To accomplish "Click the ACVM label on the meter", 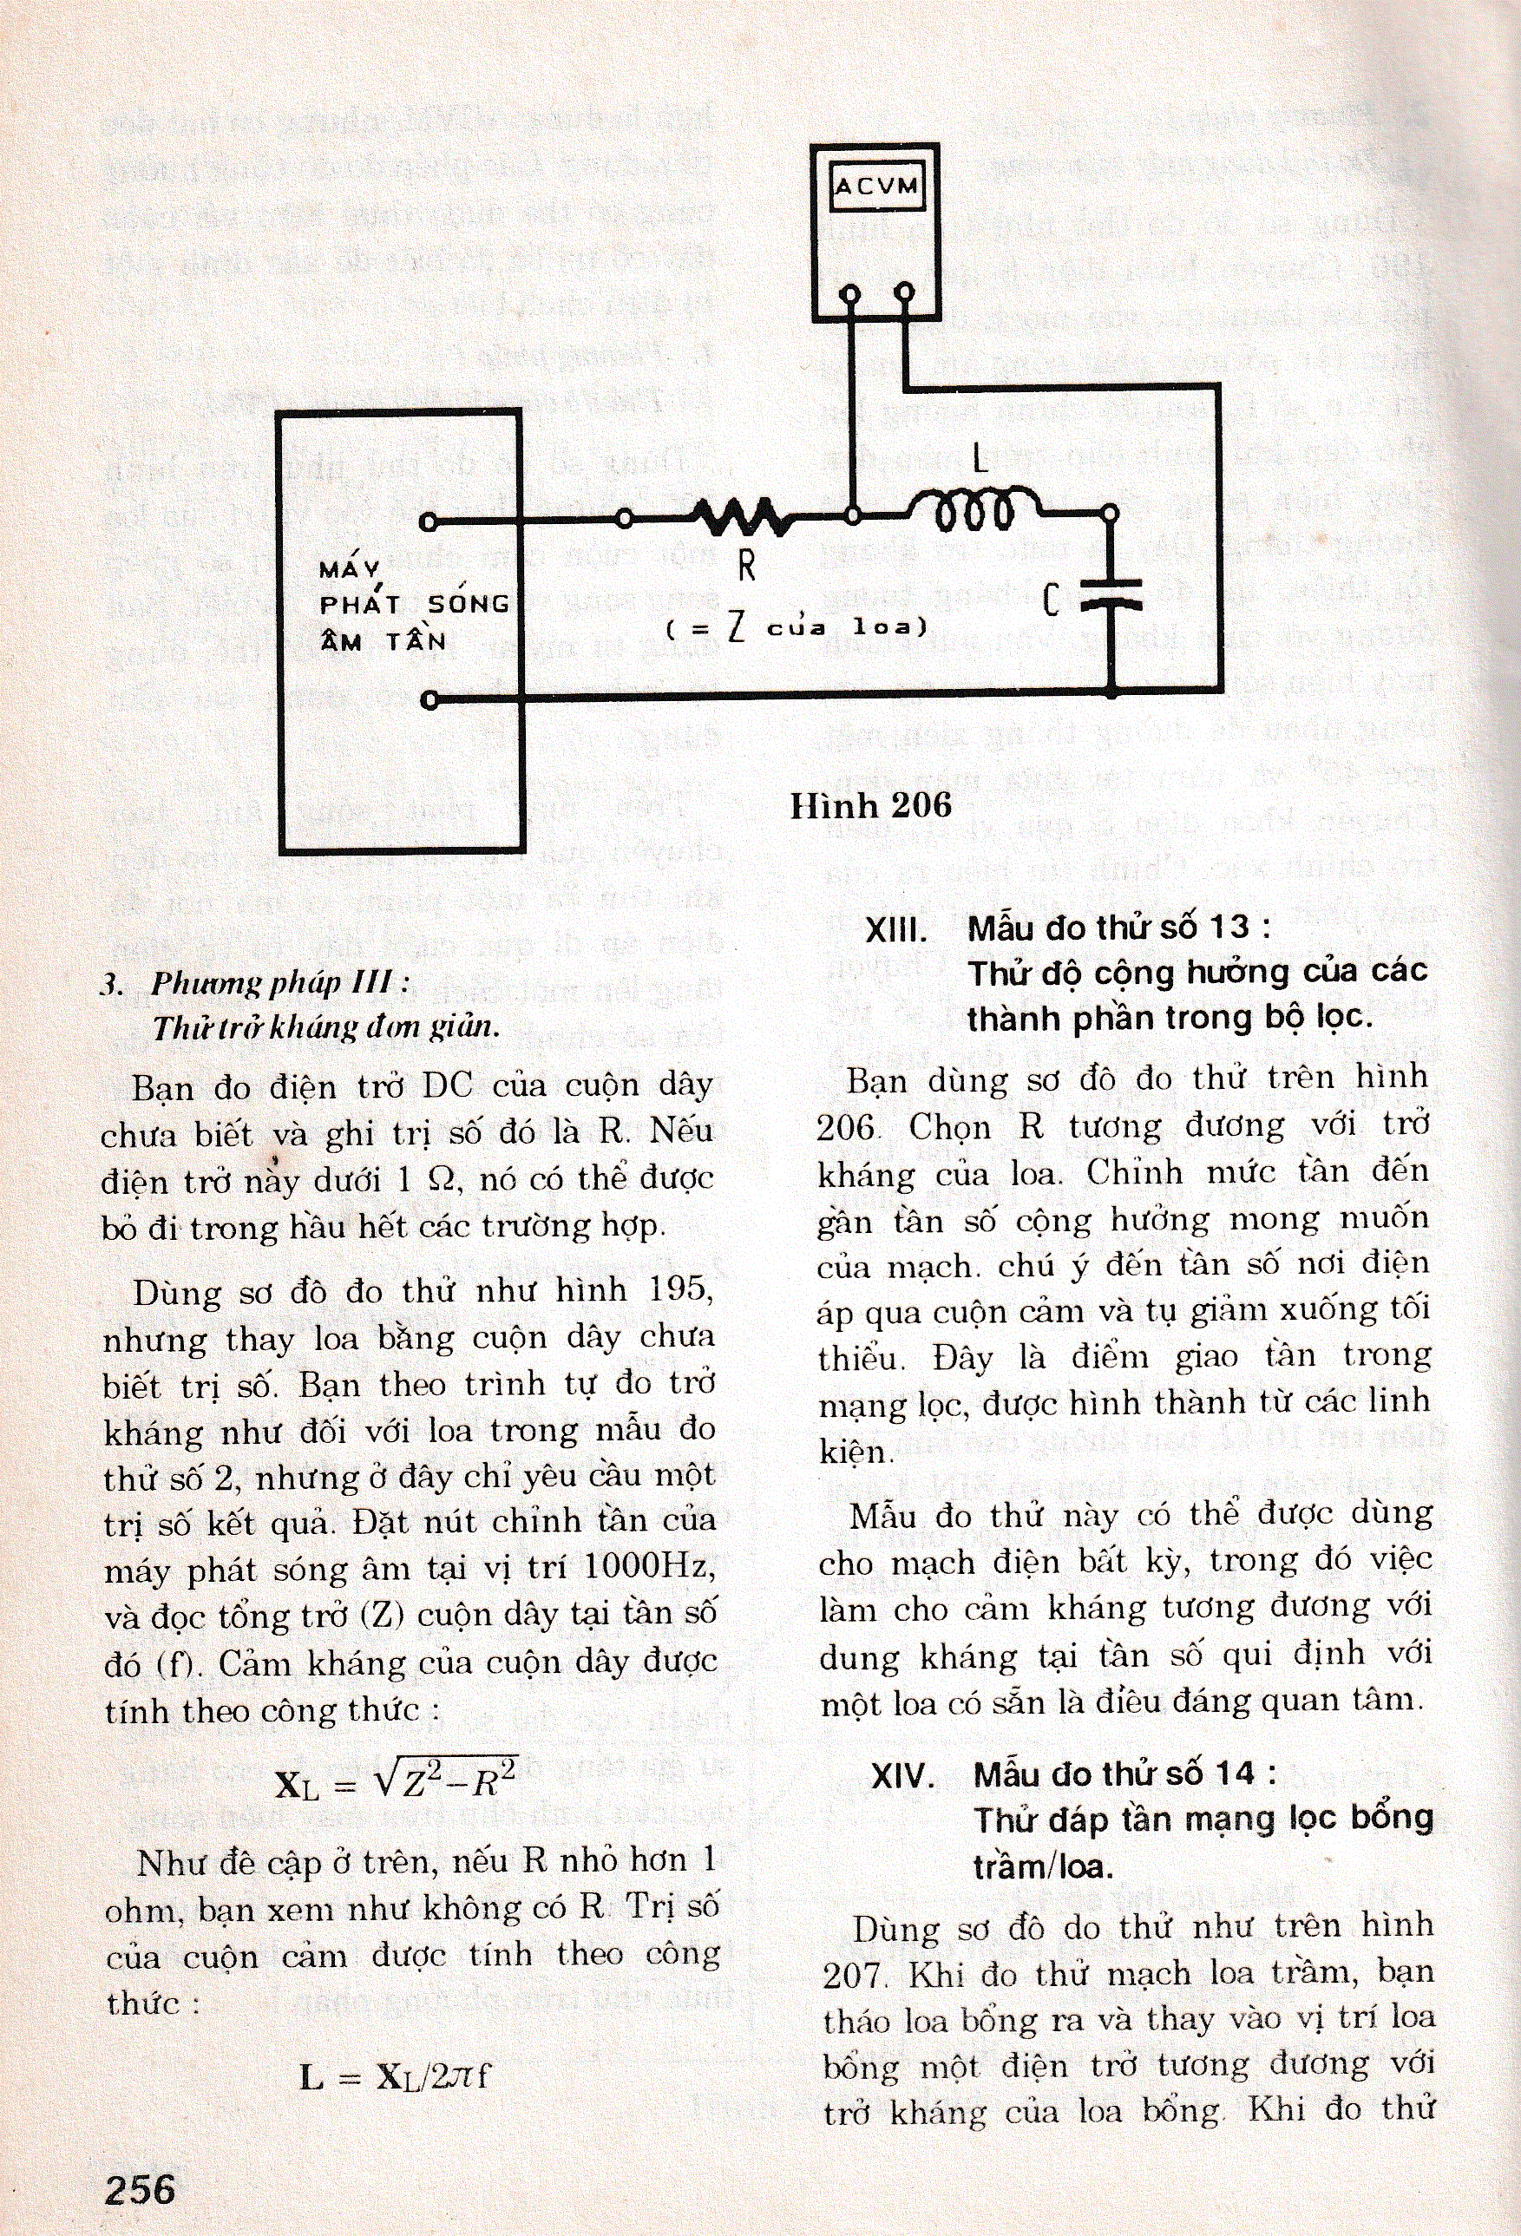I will tap(875, 186).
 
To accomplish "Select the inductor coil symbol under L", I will tap(974, 509).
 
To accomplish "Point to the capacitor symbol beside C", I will tap(1111, 594).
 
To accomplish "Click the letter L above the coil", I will tap(980, 460).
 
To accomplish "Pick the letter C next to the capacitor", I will tap(1052, 600).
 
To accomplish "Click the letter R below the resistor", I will tap(746, 567).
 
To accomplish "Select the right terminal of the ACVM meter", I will tap(904, 292).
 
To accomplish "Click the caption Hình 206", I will tap(870, 804).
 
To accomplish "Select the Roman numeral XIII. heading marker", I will tap(895, 929).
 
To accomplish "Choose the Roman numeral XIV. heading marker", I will tap(902, 1775).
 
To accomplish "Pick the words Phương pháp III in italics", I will tap(272, 983).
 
